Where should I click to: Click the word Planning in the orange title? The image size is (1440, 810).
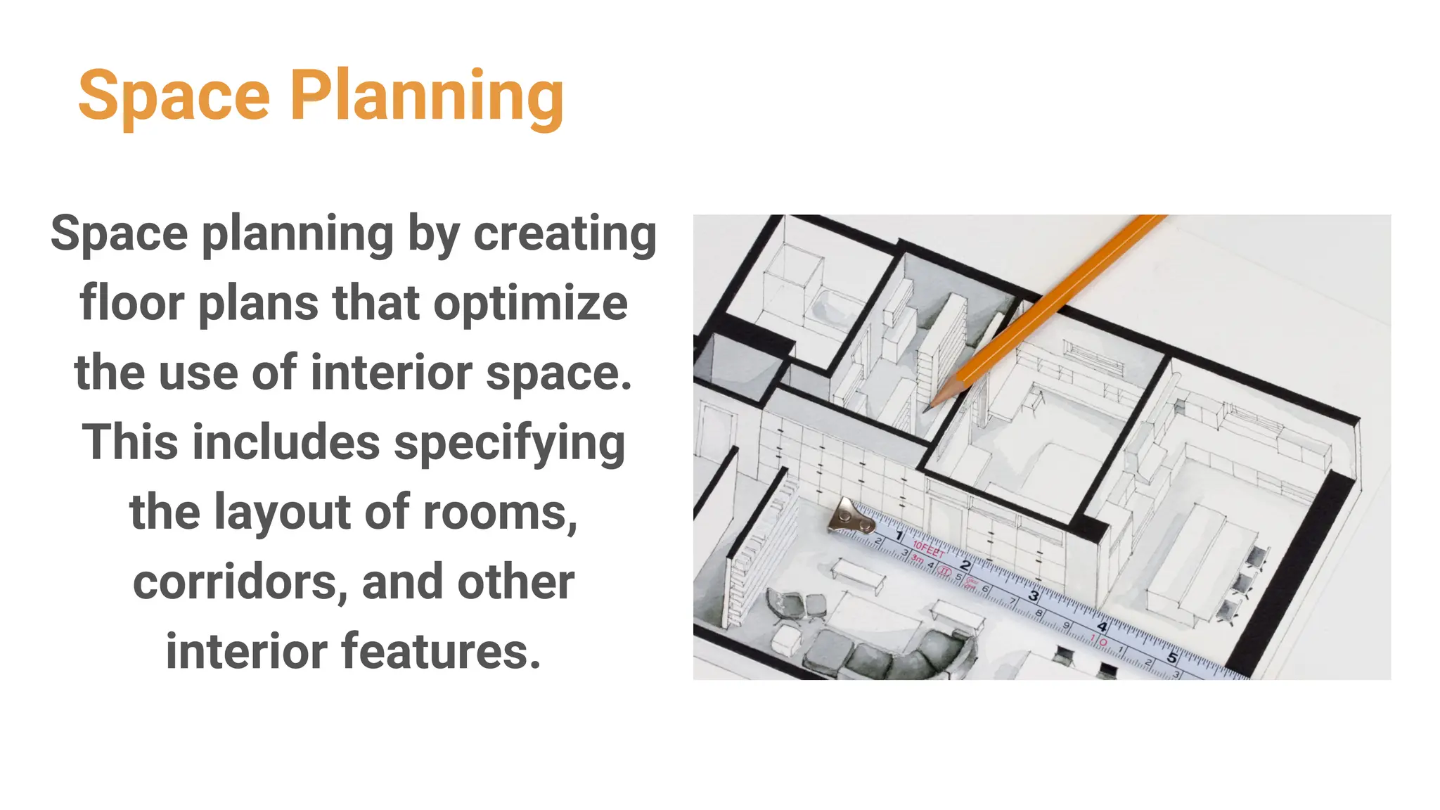pyautogui.click(x=427, y=96)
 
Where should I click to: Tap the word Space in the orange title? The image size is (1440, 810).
pyautogui.click(x=174, y=96)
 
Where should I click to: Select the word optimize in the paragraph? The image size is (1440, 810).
pyautogui.click(x=530, y=304)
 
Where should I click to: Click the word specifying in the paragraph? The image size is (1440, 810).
pyautogui.click(x=510, y=443)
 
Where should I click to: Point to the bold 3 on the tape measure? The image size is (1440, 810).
pyautogui.click(x=1034, y=596)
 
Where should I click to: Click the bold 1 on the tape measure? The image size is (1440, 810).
pyautogui.click(x=899, y=536)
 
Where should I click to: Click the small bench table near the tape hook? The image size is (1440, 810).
pyautogui.click(x=859, y=574)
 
